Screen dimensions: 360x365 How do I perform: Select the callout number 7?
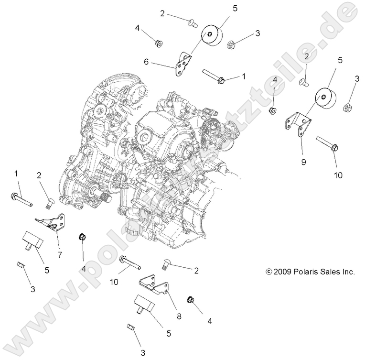pos(60,255)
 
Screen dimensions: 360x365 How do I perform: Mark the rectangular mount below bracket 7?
pos(32,240)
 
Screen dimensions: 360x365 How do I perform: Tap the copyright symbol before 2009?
pos(269,272)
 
